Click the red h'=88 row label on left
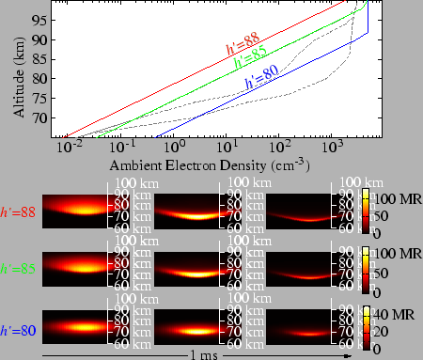(19, 213)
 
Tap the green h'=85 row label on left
(19, 269)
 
